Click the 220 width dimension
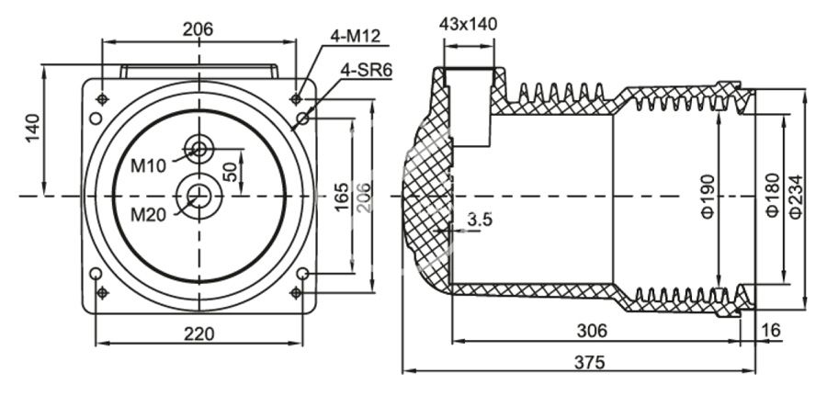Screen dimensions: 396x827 (x=199, y=333)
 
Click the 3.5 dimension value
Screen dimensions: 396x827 (x=480, y=220)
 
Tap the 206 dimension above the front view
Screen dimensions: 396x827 (x=198, y=29)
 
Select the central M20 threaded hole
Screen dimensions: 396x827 (x=198, y=195)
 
